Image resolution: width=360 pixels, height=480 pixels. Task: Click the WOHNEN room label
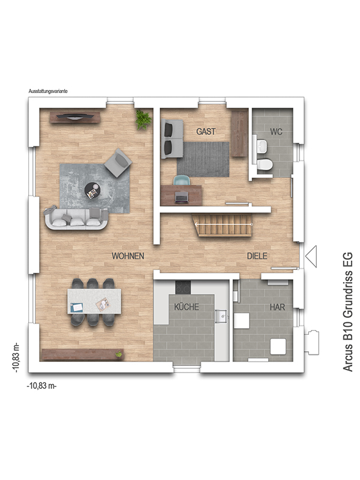click(x=128, y=256)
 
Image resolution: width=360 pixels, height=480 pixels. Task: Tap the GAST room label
click(x=206, y=131)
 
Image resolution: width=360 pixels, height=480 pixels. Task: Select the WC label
click(x=276, y=131)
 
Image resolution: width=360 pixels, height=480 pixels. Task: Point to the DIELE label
click(x=257, y=256)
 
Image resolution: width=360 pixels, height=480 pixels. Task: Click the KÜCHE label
click(x=186, y=307)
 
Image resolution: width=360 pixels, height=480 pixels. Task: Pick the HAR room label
click(x=277, y=307)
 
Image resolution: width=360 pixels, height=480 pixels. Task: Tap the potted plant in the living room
click(x=143, y=119)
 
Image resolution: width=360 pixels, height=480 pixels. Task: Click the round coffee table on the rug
click(x=93, y=190)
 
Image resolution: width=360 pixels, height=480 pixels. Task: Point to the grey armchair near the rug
click(x=118, y=162)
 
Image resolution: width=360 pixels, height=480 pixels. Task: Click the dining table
click(x=94, y=301)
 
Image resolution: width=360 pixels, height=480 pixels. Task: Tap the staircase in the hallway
click(x=223, y=227)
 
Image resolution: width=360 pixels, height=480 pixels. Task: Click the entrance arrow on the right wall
click(x=311, y=257)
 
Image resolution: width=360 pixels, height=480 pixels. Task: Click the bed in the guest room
click(x=173, y=139)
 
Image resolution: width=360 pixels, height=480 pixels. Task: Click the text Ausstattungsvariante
click(x=48, y=91)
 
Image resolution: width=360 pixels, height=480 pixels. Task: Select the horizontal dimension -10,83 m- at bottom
click(x=42, y=386)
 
